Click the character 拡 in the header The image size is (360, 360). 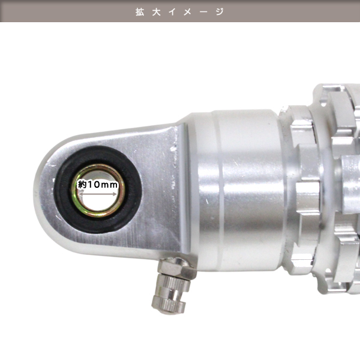tap(140, 12)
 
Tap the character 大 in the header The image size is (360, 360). tap(156, 12)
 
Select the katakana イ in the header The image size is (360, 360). tap(172, 12)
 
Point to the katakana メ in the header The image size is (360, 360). tap(188, 12)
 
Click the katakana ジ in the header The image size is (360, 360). tap(220, 12)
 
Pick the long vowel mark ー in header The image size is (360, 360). tap(203, 12)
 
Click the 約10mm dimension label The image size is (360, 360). tap(98, 184)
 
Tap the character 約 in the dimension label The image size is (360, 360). tap(83, 185)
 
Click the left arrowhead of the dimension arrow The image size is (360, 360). tap(80, 194)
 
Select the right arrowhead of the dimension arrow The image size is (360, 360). tap(115, 194)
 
